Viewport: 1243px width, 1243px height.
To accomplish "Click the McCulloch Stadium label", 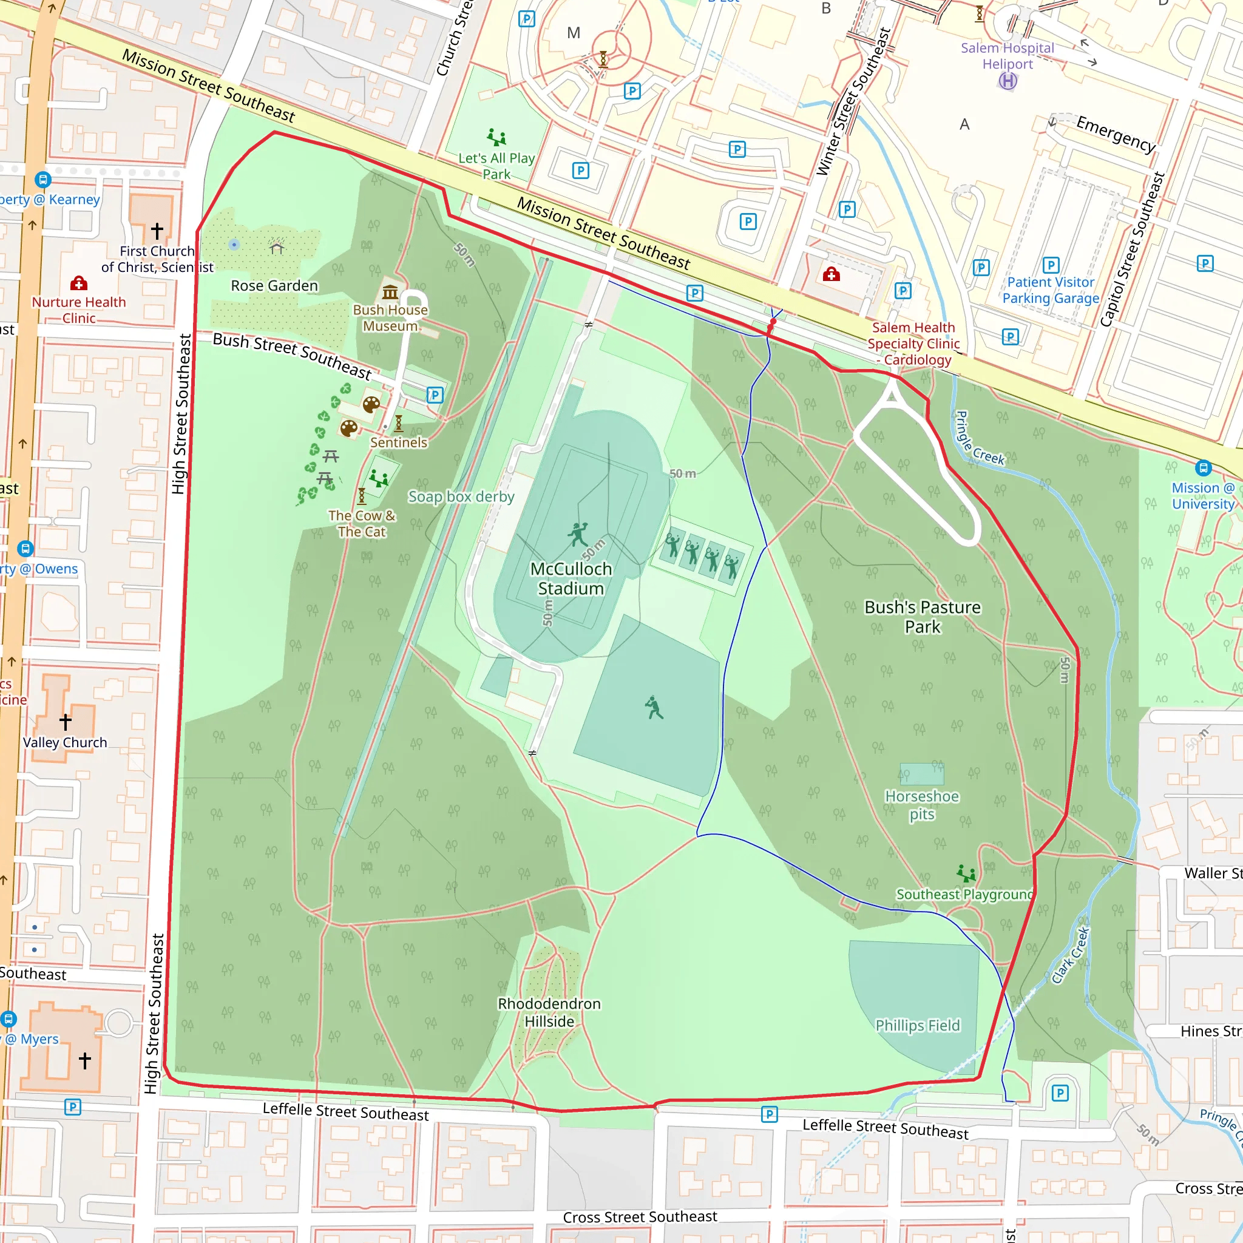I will coord(571,578).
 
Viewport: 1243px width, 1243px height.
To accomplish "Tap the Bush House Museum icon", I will coord(390,292).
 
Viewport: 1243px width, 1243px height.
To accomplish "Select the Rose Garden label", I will coord(274,286).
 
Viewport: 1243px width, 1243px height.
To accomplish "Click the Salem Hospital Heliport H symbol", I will coord(1008,81).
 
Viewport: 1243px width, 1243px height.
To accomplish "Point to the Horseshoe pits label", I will coord(922,805).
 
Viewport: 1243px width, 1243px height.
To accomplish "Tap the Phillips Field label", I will coord(918,1026).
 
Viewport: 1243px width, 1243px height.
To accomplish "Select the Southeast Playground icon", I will coord(966,873).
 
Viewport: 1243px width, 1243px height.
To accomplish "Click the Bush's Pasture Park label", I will coord(922,617).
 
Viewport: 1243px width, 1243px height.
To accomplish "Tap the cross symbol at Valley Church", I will coord(66,722).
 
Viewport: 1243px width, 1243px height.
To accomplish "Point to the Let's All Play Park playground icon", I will coord(496,137).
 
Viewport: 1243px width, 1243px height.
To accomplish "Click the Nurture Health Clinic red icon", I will coord(78,283).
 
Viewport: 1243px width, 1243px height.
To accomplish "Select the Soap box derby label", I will coord(461,496).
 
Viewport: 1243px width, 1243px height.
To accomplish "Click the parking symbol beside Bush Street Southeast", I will coord(435,395).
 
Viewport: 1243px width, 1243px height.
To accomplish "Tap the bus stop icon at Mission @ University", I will coord(1203,468).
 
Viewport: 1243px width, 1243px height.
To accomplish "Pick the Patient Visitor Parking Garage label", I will coord(1050,290).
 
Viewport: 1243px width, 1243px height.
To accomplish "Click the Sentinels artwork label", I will coord(398,442).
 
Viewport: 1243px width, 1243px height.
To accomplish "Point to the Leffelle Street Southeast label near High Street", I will coord(345,1112).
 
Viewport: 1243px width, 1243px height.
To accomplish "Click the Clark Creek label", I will coord(1071,955).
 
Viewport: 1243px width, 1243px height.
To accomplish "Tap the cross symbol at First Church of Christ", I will coord(157,230).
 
